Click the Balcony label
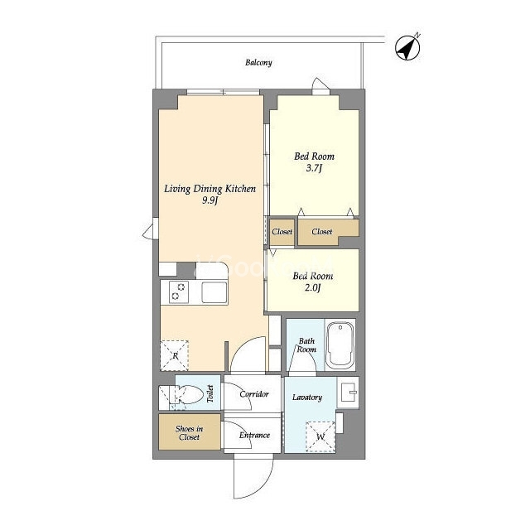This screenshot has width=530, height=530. pos(258,63)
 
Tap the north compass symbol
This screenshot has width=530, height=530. pos(407,47)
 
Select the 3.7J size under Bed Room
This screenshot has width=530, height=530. pos(314,167)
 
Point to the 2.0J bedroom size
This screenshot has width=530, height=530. pos(312,287)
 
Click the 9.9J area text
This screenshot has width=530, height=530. pos(210,200)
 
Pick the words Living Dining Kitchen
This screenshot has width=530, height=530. pos(210,189)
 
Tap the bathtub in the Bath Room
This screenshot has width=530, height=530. pos(340,344)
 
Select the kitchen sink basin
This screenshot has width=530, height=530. pos(214,292)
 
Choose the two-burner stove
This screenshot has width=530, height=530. pos(179,292)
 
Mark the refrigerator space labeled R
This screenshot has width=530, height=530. pos(175,355)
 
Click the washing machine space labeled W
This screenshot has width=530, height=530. pos(320,436)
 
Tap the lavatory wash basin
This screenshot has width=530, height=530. pos(348,393)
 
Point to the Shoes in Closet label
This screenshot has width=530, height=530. pos(189,432)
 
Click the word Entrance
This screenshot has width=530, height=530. pos(254,435)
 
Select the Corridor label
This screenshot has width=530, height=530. pos(254,394)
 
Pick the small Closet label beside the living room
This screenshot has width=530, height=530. pos(282,232)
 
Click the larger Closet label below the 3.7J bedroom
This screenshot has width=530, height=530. pos(322,232)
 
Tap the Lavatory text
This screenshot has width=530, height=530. pos(307,397)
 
